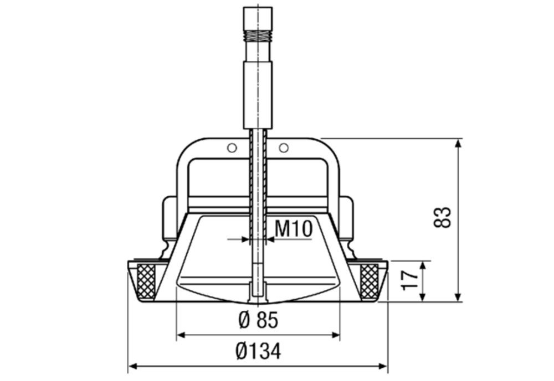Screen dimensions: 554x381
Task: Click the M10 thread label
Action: tap(293, 228)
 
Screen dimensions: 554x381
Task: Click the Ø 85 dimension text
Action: tap(259, 320)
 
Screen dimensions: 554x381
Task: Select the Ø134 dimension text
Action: tap(259, 351)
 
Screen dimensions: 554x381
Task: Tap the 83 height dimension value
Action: tap(442, 218)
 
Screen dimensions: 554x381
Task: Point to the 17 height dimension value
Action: tap(411, 280)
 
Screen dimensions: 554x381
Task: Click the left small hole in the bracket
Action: tap(232, 148)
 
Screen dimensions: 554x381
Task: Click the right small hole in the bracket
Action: tap(283, 148)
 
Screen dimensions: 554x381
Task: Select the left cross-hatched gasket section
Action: tap(146, 281)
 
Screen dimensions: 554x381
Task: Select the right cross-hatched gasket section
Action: tap(369, 281)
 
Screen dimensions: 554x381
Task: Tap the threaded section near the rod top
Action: tap(258, 35)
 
